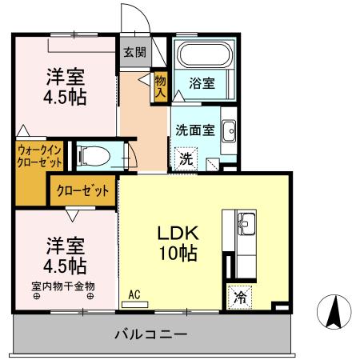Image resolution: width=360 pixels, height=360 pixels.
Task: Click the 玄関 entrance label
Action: pos(134,53)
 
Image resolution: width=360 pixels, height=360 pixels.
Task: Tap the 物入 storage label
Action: pos(160,86)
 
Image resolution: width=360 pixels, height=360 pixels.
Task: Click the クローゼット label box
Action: pos(82,190)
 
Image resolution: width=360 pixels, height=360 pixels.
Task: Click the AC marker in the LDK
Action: pos(134,295)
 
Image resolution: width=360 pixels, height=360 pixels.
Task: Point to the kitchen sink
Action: pos(246,222)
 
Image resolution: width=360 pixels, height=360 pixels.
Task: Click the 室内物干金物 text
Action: pos(63,285)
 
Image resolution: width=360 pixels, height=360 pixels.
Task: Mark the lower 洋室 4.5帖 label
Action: pos(66,254)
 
